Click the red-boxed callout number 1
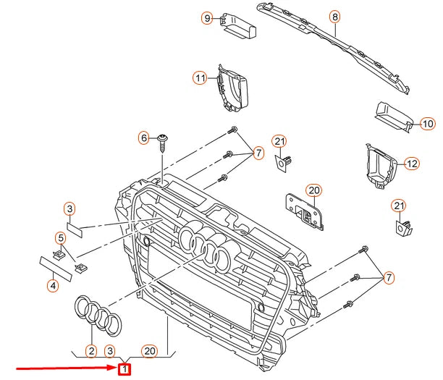tap(125, 370)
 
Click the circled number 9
tap(206, 17)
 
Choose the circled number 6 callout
tap(144, 138)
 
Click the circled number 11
tap(200, 77)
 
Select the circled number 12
tap(411, 164)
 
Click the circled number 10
tap(426, 123)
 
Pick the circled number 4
tap(53, 286)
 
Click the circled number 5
tap(60, 237)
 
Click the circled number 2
tap(91, 351)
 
